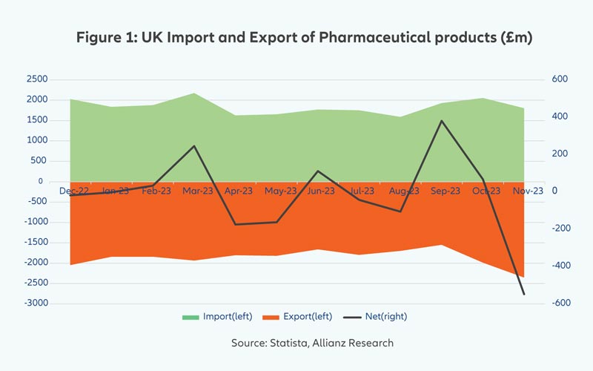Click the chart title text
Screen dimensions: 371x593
[305, 36]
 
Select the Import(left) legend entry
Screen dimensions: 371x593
[218, 316]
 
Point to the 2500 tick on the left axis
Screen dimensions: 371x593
[36, 79]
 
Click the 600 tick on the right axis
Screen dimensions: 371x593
[558, 79]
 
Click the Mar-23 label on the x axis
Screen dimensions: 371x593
[198, 191]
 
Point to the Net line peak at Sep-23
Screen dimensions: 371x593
[441, 121]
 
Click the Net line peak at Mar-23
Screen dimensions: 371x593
[193, 146]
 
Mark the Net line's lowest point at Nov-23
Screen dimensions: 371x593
[523, 295]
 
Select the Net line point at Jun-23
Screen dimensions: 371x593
[317, 171]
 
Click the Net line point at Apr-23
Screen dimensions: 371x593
[235, 224]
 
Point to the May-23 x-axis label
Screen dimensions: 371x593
[280, 191]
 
